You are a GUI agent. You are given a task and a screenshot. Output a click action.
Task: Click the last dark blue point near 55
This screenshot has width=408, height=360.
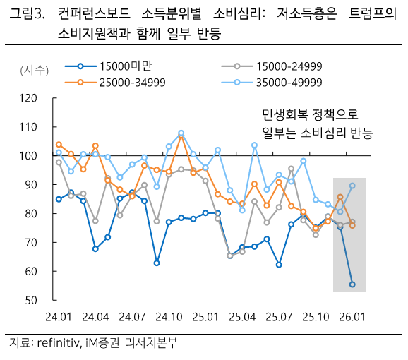(352, 284)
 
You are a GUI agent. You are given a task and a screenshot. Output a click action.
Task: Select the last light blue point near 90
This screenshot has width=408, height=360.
(352, 186)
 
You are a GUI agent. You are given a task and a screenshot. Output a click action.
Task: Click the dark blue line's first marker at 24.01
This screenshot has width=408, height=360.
(59, 199)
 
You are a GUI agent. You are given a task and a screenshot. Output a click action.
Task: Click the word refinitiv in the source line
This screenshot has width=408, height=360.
(64, 344)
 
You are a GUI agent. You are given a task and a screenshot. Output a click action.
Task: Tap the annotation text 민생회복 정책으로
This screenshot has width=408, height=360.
(310, 115)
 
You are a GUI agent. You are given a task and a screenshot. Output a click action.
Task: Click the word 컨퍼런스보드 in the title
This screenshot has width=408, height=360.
(88, 14)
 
